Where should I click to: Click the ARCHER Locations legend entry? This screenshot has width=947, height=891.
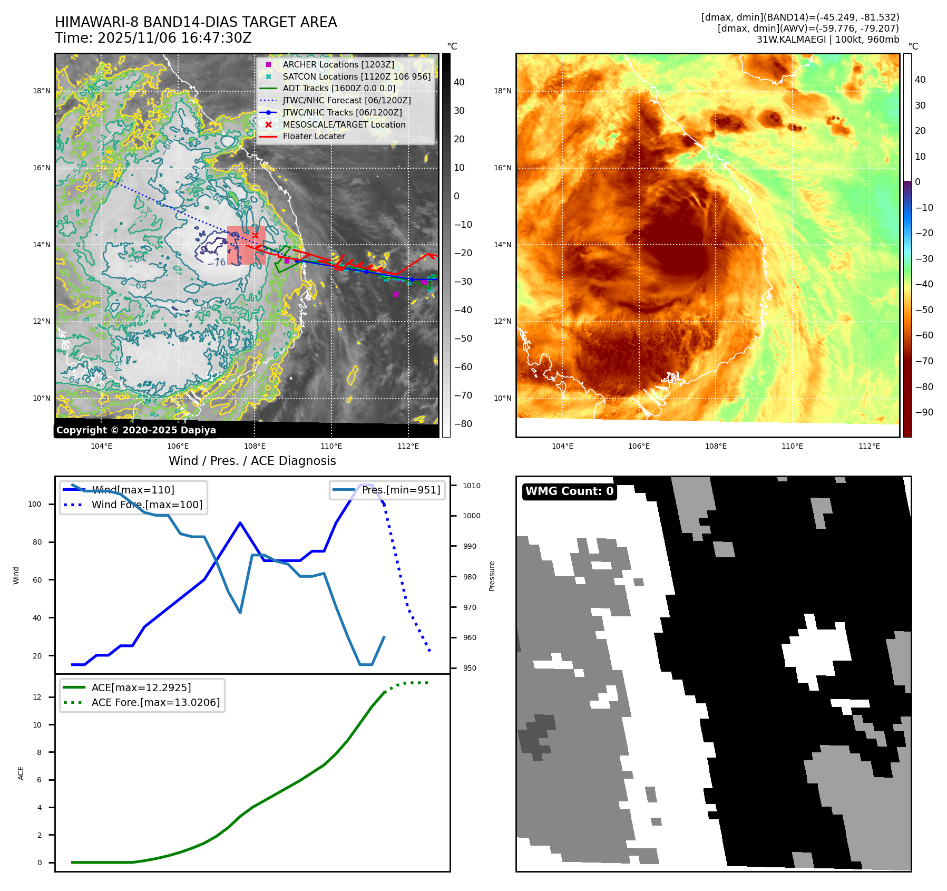point(338,65)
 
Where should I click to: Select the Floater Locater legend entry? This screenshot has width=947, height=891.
point(314,137)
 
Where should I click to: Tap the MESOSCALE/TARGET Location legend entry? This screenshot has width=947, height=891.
point(344,125)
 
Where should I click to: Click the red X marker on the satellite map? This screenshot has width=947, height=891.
point(256,236)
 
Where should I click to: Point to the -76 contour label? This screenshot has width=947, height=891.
point(217,263)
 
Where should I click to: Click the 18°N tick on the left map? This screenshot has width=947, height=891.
point(42,91)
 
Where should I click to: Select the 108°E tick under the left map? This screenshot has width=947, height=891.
point(255,447)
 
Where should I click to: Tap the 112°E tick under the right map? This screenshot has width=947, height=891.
point(869,447)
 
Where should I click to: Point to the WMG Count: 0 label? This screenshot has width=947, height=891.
point(569,491)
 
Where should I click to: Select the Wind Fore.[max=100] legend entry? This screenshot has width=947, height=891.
point(147,505)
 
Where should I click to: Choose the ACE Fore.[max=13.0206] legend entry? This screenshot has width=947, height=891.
point(155,703)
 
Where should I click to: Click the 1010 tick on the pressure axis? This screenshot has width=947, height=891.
point(472,486)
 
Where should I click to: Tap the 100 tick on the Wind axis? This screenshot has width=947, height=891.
point(35,505)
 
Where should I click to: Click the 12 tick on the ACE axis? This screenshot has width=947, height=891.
point(37,698)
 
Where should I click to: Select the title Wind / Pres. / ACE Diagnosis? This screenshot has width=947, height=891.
point(252,461)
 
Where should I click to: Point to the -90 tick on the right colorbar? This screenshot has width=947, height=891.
point(924,412)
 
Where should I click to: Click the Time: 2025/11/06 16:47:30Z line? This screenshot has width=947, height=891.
point(153,38)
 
